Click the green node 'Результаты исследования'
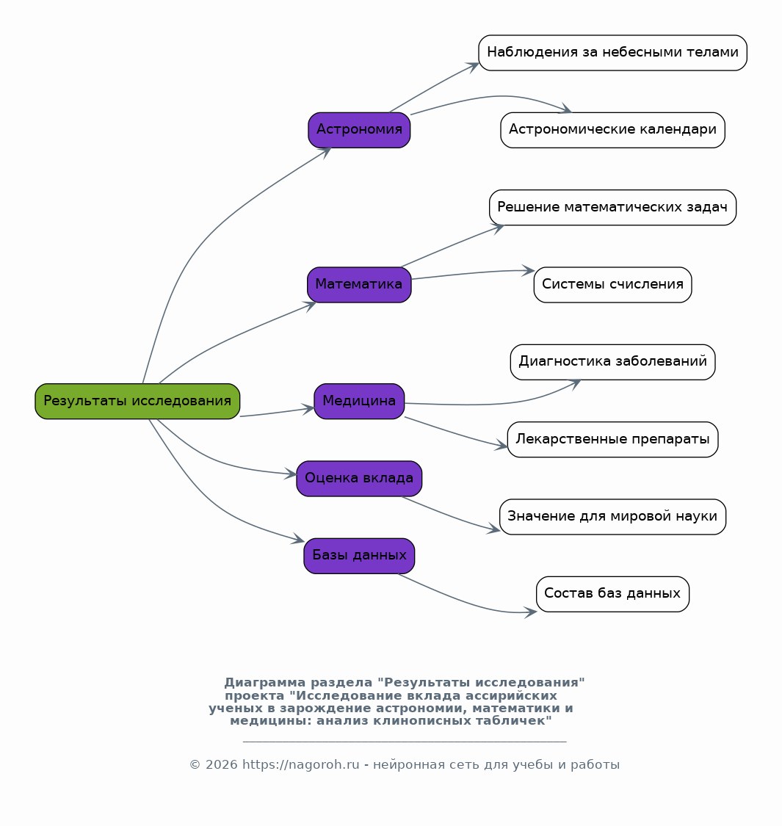pyautogui.click(x=137, y=402)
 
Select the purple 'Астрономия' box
pyautogui.click(x=359, y=130)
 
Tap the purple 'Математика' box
pyautogui.click(x=359, y=285)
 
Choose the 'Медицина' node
pyautogui.click(x=359, y=402)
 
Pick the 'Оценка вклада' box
pyautogui.click(x=359, y=479)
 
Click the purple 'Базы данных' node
pyautogui.click(x=359, y=557)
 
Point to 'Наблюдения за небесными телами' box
pyautogui.click(x=613, y=53)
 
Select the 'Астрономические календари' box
pyautogui.click(x=613, y=130)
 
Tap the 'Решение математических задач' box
pyautogui.click(x=613, y=208)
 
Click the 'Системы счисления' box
pyautogui.click(x=613, y=285)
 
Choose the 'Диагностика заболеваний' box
pyautogui.click(x=613, y=363)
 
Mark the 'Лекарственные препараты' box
pyautogui.click(x=613, y=440)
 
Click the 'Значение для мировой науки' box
pyautogui.click(x=613, y=518)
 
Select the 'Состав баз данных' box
pyautogui.click(x=613, y=595)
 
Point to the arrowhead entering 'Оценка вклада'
pyautogui.click(x=291, y=474)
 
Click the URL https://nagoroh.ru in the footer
pyautogui.click(x=301, y=765)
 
